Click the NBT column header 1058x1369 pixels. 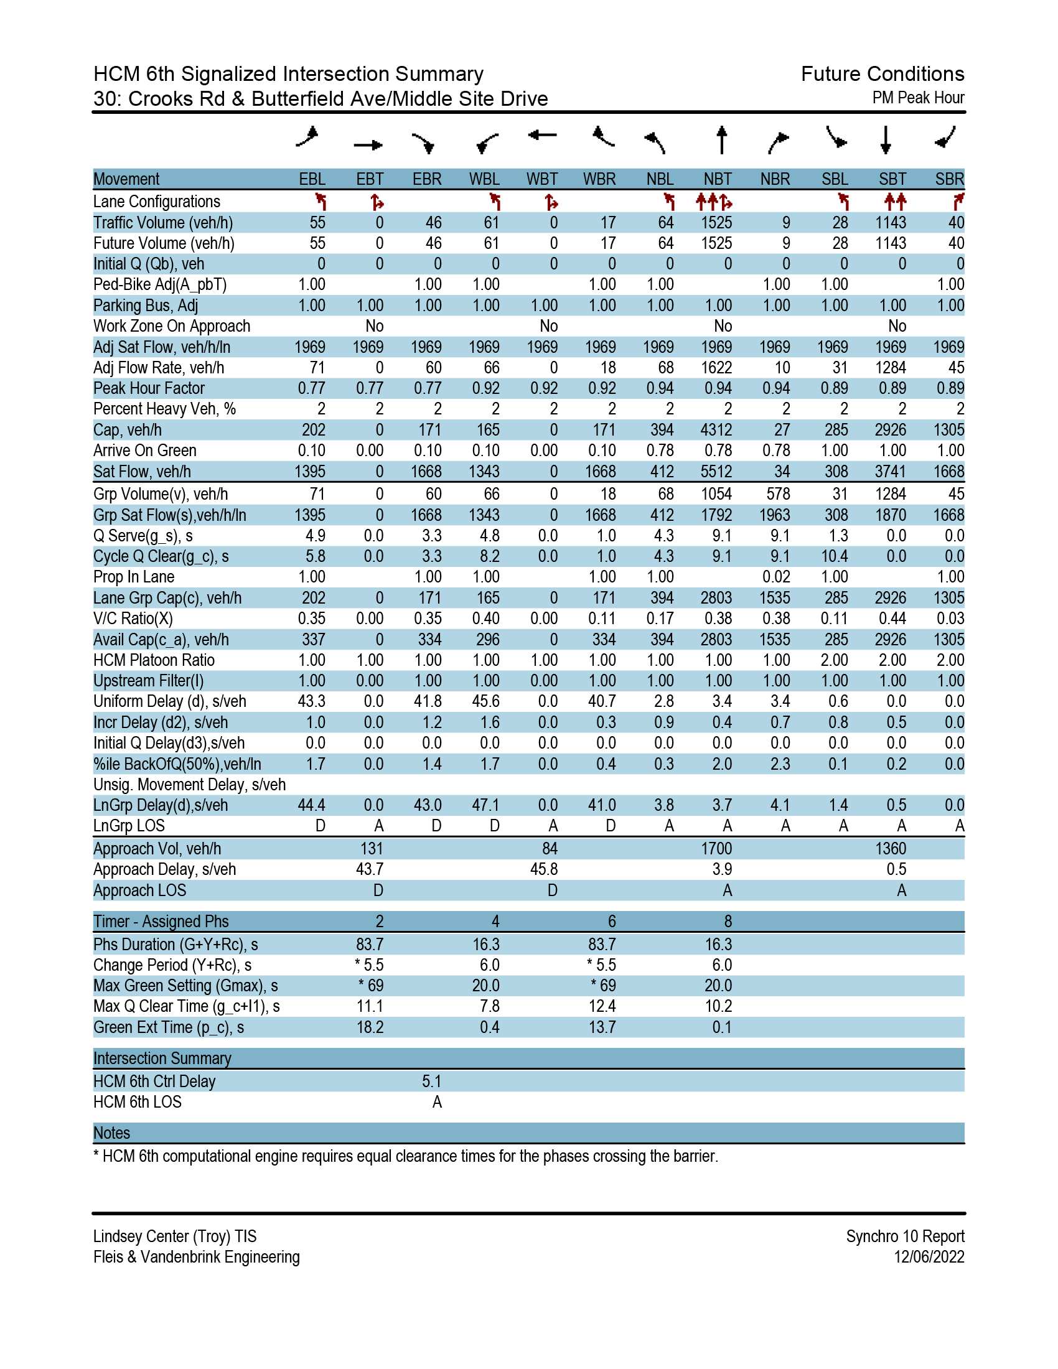pos(718,179)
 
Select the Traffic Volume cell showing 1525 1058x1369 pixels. pos(716,223)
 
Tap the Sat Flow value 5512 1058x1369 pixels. pos(716,472)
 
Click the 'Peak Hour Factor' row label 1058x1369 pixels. pos(149,388)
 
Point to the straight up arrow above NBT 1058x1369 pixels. pos(722,140)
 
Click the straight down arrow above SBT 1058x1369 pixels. pos(886,140)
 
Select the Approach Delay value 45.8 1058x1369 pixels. pos(544,869)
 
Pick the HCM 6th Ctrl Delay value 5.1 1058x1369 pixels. pos(432,1082)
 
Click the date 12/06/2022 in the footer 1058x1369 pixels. pos(930,1257)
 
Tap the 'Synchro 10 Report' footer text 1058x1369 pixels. pos(906,1236)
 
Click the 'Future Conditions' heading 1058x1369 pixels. pos(882,74)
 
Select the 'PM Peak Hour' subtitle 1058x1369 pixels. pos(918,98)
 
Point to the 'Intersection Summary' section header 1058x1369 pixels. pos(162,1058)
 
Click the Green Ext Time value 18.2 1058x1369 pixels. pos(370,1027)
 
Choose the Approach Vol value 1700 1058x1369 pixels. pos(716,849)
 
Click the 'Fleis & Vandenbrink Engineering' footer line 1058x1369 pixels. pos(197,1257)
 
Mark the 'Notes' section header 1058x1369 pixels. pos(111,1133)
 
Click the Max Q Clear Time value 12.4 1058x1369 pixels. pos(602,1006)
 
